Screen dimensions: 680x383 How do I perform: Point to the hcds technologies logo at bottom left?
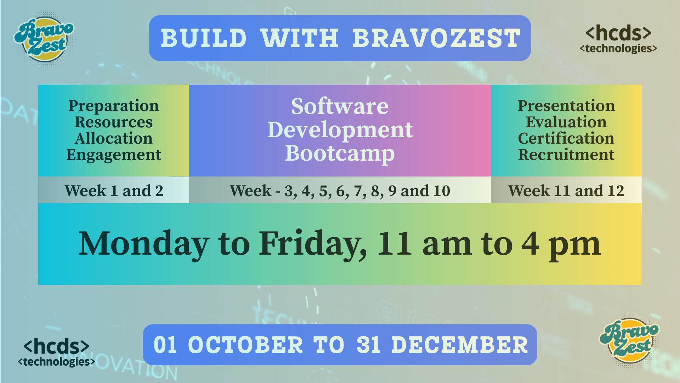56,352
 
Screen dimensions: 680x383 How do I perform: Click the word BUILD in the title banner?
204,38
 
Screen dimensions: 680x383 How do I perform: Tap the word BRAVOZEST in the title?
436,38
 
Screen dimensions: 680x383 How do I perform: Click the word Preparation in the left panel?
114,106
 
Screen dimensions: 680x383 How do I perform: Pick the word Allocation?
114,138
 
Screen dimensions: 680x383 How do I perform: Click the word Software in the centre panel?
340,106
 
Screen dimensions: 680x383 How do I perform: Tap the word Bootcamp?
340,154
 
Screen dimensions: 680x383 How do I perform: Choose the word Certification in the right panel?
566,138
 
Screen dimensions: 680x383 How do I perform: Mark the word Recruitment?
566,155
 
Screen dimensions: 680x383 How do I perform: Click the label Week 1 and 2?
114,191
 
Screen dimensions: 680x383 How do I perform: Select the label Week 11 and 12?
566,191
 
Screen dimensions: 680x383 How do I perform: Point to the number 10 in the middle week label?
442,191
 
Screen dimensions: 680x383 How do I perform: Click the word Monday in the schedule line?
144,244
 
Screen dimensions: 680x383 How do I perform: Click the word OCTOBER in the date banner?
245,345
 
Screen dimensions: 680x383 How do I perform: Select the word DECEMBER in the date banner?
460,345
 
